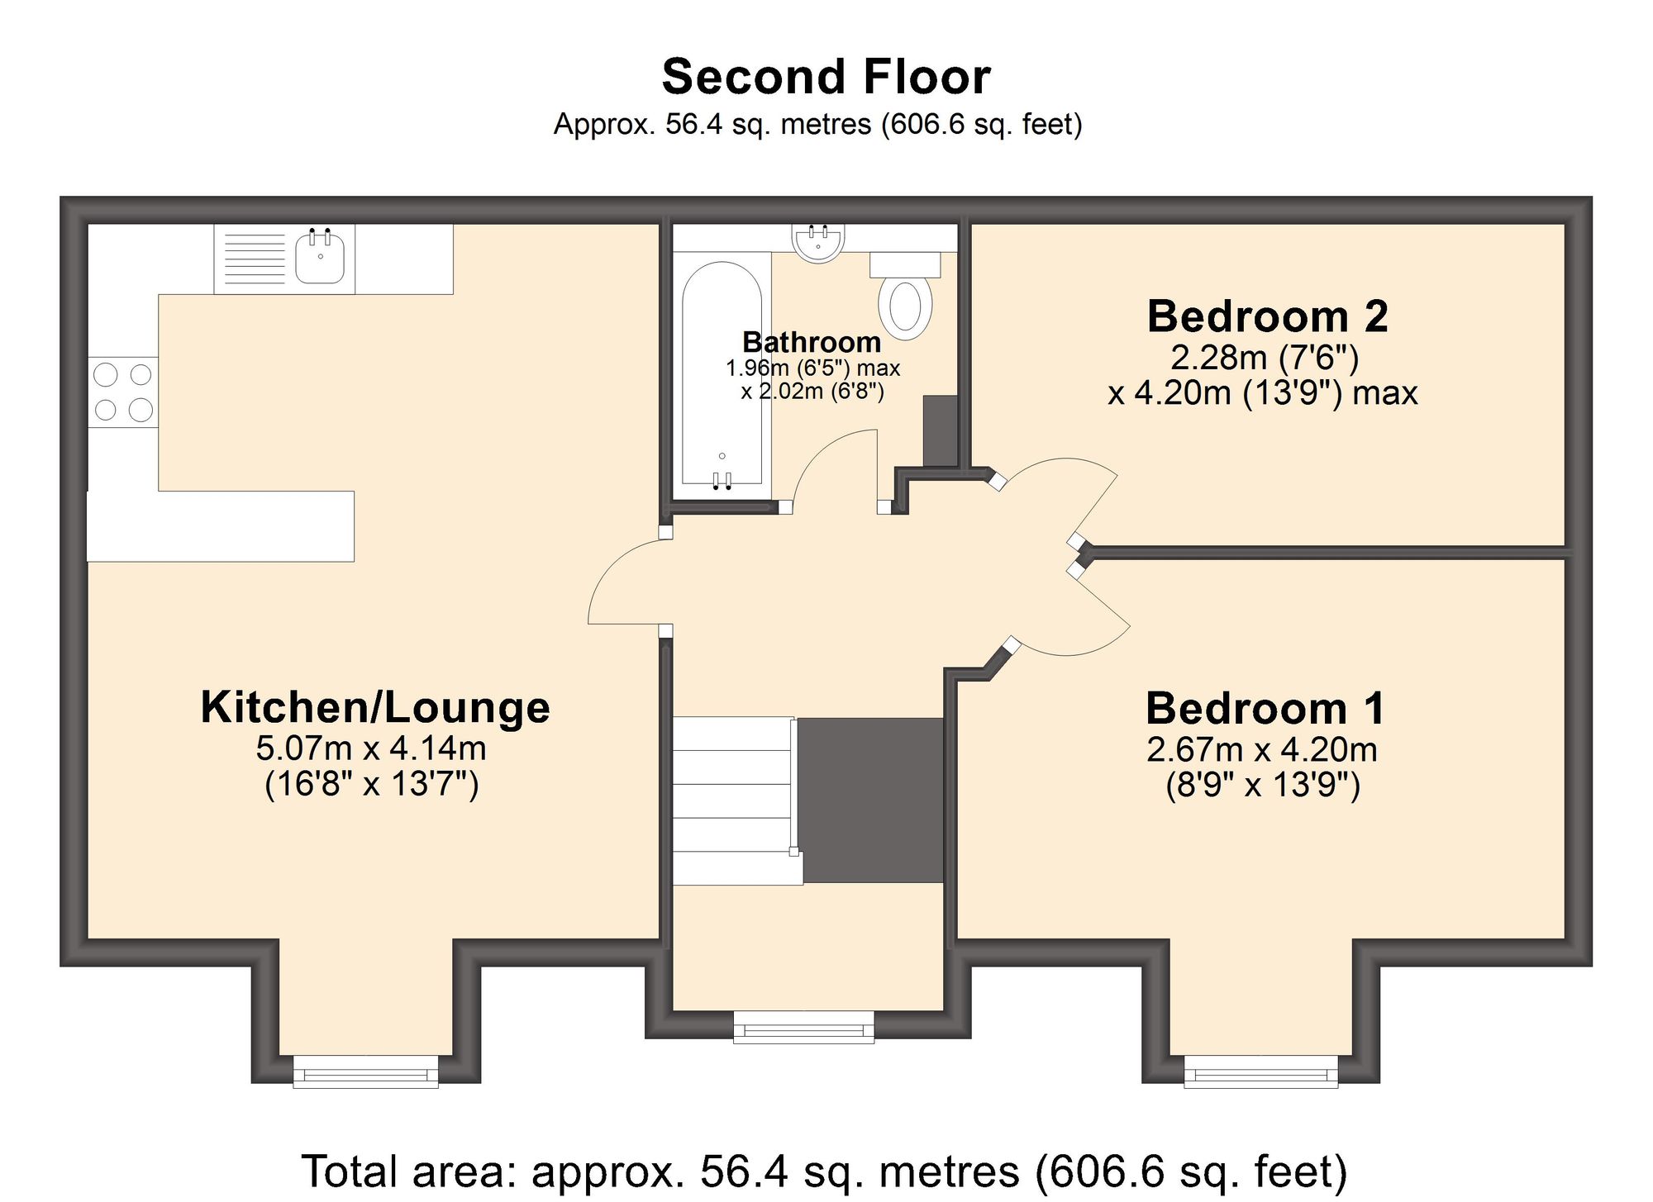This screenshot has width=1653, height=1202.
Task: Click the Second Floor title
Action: [x=826, y=77]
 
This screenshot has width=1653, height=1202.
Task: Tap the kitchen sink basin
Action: [x=320, y=259]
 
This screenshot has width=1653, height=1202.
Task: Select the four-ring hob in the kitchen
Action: [x=123, y=392]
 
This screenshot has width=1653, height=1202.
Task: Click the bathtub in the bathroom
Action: [x=722, y=372]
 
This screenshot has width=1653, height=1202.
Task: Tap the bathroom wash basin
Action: [x=818, y=241]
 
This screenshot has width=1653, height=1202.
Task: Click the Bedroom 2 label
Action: [x=1267, y=316]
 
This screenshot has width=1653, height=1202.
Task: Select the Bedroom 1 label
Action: [x=1265, y=708]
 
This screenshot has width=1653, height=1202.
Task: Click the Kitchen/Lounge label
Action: [x=375, y=707]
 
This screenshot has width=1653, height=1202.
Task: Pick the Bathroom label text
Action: [x=812, y=342]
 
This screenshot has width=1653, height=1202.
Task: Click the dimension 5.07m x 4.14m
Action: [x=371, y=748]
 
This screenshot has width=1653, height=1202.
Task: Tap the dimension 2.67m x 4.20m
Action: [x=1262, y=750]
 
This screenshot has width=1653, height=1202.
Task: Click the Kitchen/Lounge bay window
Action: [x=366, y=1073]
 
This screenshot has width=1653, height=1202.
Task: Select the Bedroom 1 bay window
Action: [x=1260, y=1073]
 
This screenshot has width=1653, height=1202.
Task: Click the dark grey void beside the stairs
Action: [x=872, y=800]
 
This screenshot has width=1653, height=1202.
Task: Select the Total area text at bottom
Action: [x=824, y=1171]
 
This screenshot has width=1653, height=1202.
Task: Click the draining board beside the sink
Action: [x=255, y=259]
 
